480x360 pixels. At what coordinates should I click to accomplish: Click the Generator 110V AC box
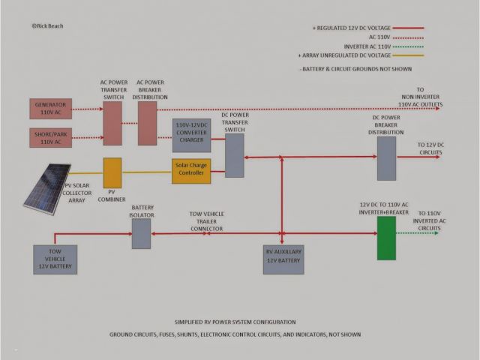click(x=51, y=108)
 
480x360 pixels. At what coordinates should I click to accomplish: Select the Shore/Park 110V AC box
click(x=51, y=139)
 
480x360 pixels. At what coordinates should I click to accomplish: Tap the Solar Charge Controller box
click(x=190, y=172)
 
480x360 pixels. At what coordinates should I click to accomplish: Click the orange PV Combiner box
click(x=112, y=172)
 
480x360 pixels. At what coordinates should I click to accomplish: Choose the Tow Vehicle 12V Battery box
click(x=55, y=259)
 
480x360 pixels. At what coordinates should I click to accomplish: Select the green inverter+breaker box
click(x=386, y=238)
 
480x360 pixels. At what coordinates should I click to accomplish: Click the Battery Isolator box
click(x=142, y=233)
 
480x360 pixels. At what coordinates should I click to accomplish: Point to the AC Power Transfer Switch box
click(x=112, y=123)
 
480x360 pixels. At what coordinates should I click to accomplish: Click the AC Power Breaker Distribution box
click(x=148, y=123)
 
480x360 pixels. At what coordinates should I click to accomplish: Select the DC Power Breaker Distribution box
click(x=386, y=157)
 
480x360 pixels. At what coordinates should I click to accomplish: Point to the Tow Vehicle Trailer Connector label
click(x=206, y=221)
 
